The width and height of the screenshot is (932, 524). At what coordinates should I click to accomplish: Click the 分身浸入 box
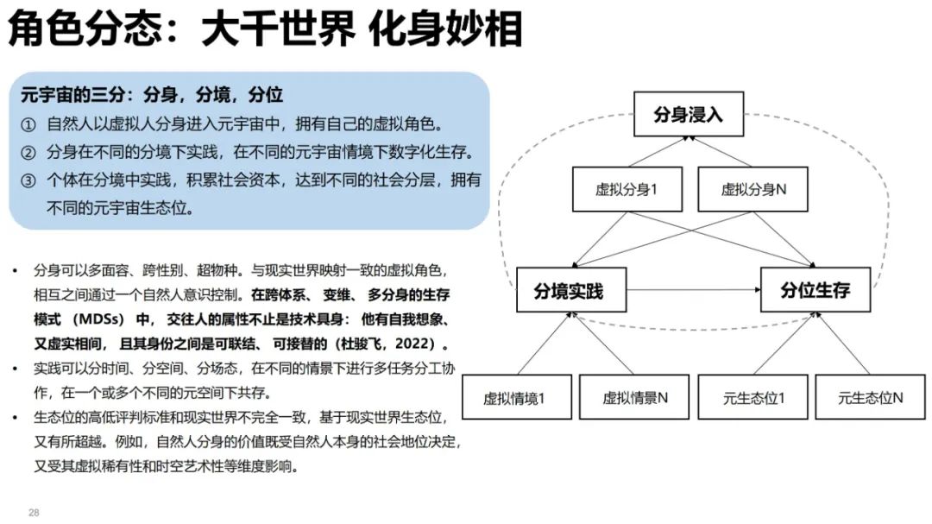point(688,114)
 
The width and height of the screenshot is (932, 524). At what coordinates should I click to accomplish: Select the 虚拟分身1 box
point(627,190)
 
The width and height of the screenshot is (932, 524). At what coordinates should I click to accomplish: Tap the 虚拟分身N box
point(753,190)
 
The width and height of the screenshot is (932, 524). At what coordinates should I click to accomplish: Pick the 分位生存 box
point(815,290)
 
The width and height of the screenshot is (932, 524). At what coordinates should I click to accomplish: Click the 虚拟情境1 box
point(514,398)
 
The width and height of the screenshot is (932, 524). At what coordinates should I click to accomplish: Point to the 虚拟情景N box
point(634,398)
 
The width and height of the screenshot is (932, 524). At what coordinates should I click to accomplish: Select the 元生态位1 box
point(753,398)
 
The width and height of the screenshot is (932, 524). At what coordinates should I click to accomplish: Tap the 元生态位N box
point(870,398)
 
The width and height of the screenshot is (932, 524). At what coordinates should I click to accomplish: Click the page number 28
point(35,513)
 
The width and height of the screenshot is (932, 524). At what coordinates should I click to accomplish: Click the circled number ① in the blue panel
point(28,124)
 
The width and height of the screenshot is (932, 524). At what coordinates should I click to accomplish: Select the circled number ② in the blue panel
point(28,153)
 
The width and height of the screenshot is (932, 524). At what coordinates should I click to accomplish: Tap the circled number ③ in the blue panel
point(28,180)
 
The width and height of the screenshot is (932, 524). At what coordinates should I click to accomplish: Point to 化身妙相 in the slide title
point(446,30)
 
